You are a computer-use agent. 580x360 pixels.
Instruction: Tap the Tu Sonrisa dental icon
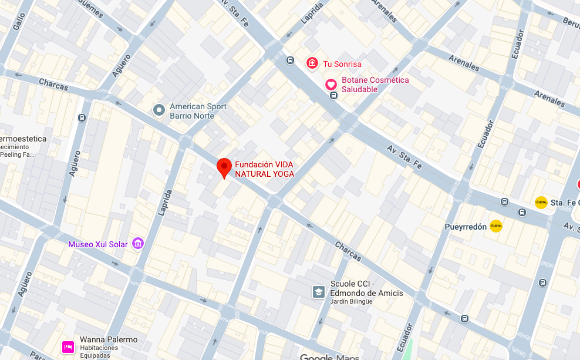click(312, 63)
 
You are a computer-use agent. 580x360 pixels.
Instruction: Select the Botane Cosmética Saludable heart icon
click(331, 85)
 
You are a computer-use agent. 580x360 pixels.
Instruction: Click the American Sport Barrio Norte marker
click(159, 110)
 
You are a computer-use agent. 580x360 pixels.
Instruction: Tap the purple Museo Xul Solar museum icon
click(138, 243)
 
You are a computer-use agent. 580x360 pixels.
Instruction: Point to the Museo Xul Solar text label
click(97, 244)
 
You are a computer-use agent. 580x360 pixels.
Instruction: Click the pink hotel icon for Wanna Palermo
click(68, 347)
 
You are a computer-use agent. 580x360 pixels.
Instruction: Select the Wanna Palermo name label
click(109, 340)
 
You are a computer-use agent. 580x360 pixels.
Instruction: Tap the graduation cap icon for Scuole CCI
click(318, 292)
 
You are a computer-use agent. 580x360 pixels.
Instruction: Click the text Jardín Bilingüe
click(351, 302)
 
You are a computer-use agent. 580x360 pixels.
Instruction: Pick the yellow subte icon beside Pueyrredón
click(496, 226)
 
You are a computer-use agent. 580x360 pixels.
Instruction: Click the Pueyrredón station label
click(466, 227)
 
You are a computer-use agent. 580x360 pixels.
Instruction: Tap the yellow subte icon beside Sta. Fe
click(541, 202)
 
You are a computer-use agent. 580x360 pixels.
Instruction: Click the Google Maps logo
click(329, 356)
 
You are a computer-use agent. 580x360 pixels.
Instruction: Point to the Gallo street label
click(19, 22)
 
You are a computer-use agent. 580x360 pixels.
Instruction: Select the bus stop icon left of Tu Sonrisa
click(290, 60)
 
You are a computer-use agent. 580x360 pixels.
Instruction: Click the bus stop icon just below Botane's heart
click(333, 96)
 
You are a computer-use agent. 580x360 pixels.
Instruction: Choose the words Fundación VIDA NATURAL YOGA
click(264, 169)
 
